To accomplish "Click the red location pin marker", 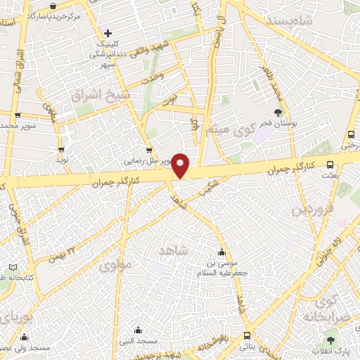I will click(x=181, y=166).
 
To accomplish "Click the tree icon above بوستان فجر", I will click(x=278, y=112).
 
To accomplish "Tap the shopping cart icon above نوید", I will click(x=62, y=149).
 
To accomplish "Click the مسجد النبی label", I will click(x=138, y=342).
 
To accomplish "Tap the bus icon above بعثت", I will click(x=330, y=164).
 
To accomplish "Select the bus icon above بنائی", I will click(x=246, y=336).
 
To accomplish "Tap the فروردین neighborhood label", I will click(x=310, y=209).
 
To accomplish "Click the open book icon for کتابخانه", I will click(x=13, y=268).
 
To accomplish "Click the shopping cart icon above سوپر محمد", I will click(x=18, y=115).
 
